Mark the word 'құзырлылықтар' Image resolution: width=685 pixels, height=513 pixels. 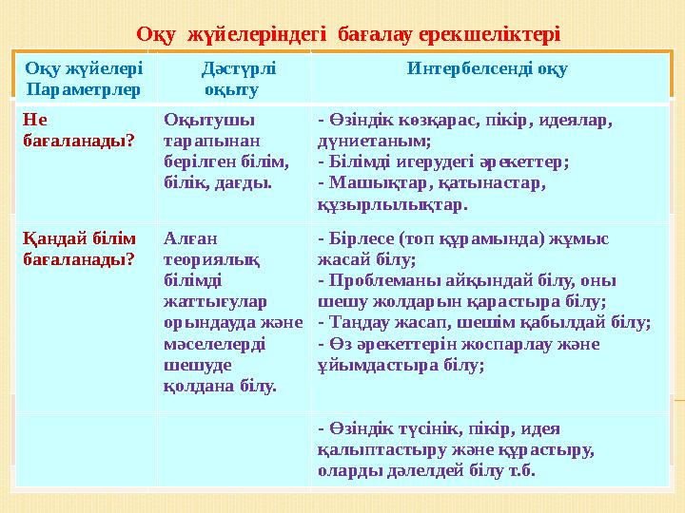(x=391, y=203)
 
